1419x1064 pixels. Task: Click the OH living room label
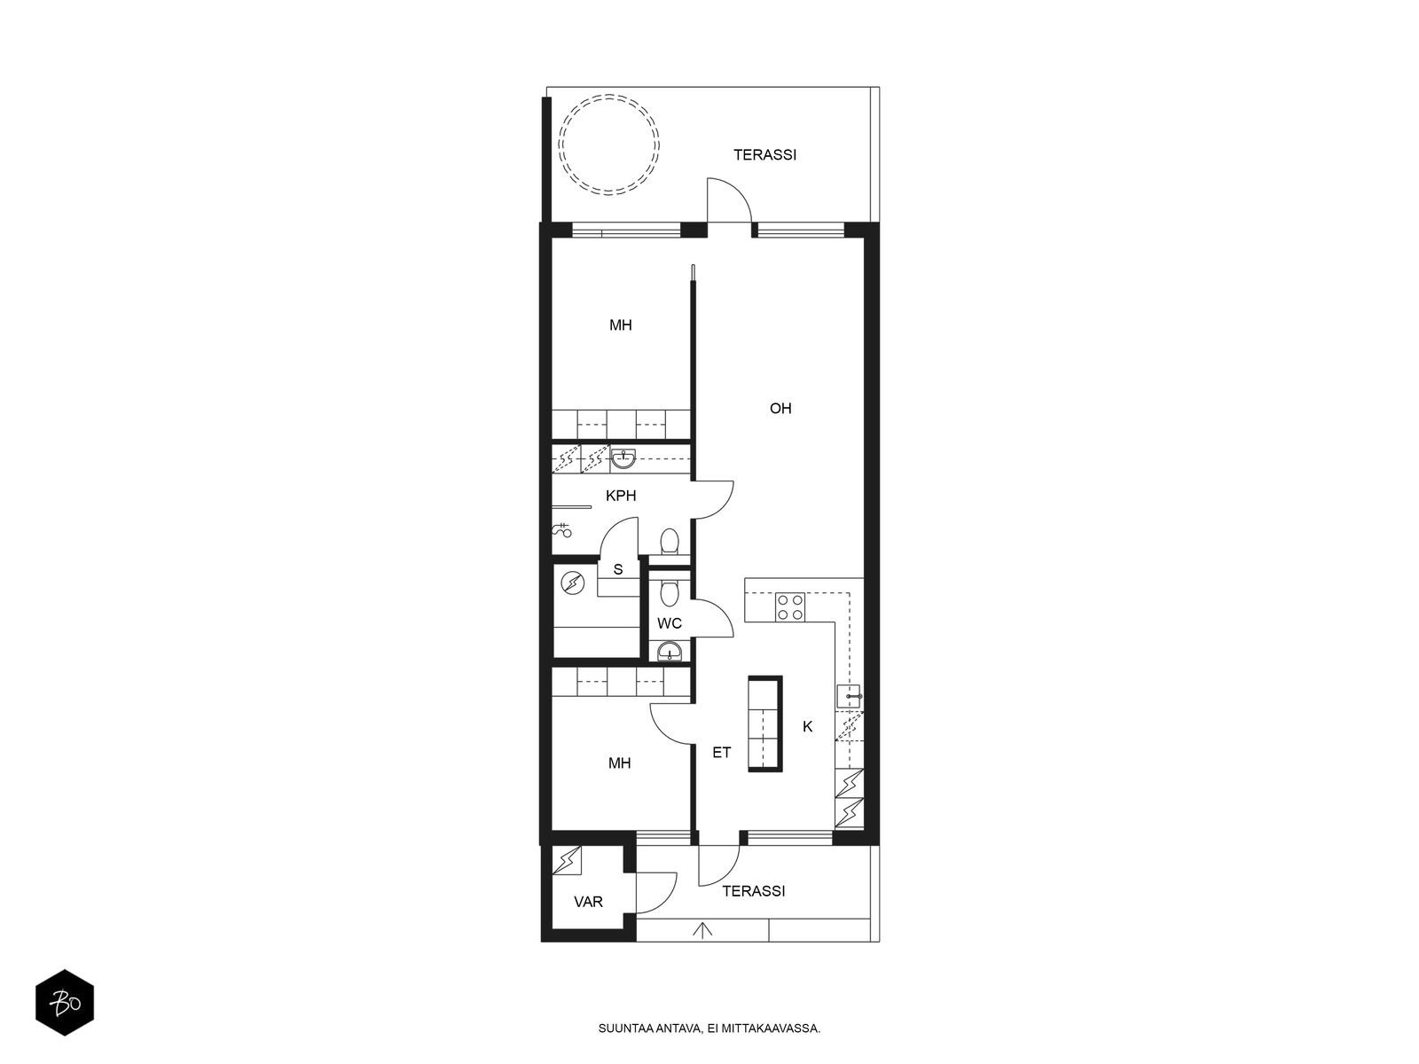pyautogui.click(x=780, y=408)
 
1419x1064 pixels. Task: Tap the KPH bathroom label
pyautogui.click(x=621, y=496)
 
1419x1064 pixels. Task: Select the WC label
pyautogui.click(x=669, y=623)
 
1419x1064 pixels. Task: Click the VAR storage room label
pyautogui.click(x=588, y=902)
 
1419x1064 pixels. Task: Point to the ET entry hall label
pyautogui.click(x=721, y=753)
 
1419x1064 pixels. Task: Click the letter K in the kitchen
pyautogui.click(x=807, y=727)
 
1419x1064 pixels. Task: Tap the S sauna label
pyautogui.click(x=618, y=569)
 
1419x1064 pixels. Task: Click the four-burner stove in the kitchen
pyautogui.click(x=790, y=607)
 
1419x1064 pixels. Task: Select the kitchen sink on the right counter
pyautogui.click(x=851, y=697)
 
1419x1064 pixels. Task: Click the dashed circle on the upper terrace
pyautogui.click(x=609, y=96)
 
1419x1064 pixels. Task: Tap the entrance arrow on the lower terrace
pyautogui.click(x=702, y=930)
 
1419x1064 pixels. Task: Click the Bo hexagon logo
pyautogui.click(x=65, y=1003)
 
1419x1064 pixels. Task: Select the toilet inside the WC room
pyautogui.click(x=669, y=589)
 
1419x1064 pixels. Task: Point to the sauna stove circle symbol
pyautogui.click(x=573, y=584)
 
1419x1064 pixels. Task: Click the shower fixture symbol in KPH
pyautogui.click(x=562, y=530)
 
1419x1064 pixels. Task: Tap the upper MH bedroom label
pyautogui.click(x=621, y=325)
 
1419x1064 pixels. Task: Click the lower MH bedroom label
pyautogui.click(x=619, y=763)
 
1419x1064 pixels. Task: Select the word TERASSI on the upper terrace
pyautogui.click(x=764, y=155)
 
